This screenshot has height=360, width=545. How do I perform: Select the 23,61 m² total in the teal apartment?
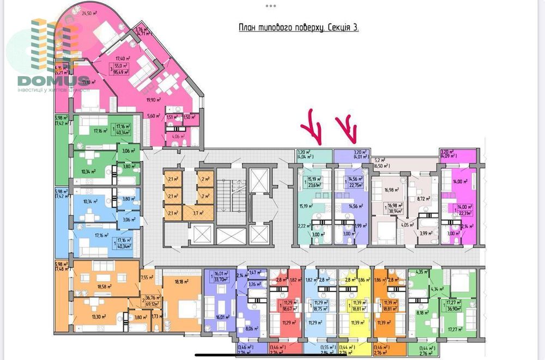click(x=312, y=184)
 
